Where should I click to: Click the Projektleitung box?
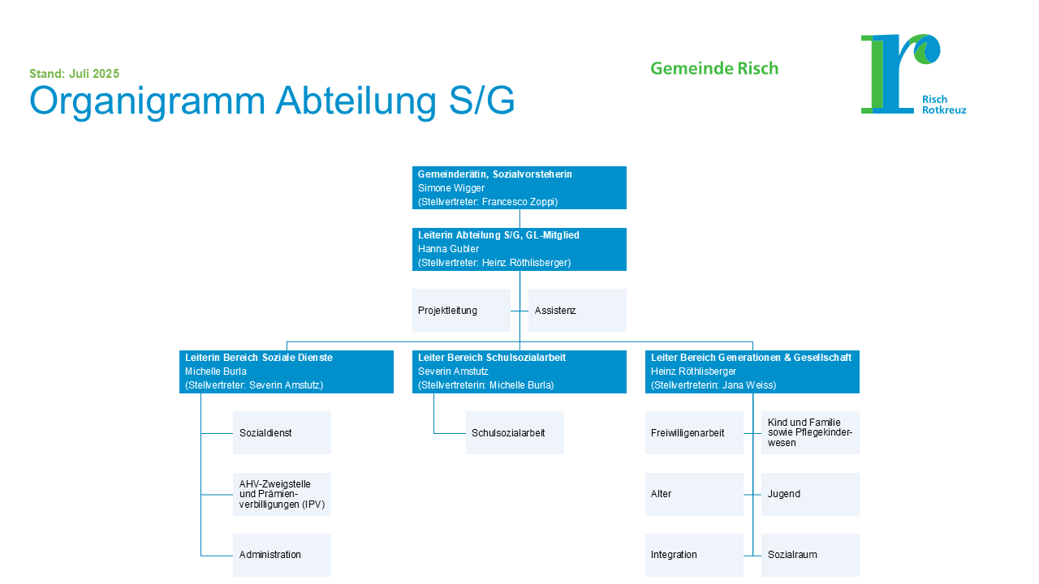461,310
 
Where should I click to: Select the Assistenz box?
577,310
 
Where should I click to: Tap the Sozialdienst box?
282,432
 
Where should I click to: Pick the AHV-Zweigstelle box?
282,494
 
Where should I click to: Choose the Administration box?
282,555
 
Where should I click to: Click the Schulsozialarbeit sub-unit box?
515,432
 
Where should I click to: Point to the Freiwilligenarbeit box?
694,432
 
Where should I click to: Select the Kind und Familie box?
810,432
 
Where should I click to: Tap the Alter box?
694,494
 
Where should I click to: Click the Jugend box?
810,494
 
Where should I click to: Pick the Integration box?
694,555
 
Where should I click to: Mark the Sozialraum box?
810,555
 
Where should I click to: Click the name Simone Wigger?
451,188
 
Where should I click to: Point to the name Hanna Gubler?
449,249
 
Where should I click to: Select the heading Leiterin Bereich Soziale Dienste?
259,358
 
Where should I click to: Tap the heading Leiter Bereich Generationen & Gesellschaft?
751,358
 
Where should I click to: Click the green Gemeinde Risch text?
714,69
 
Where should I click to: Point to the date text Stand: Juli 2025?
75,74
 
